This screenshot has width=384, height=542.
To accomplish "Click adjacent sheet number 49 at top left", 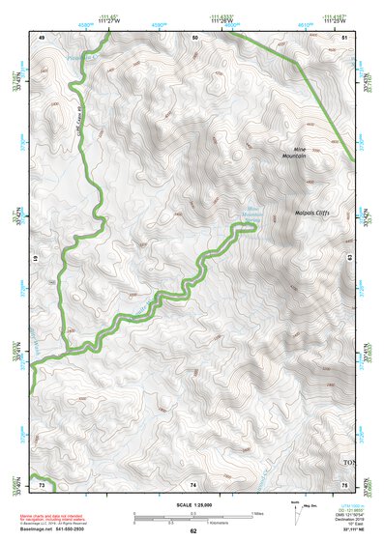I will coord(42,37).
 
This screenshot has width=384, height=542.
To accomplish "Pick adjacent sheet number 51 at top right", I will coord(346,37).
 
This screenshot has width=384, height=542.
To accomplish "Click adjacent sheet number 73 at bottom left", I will coord(42,482).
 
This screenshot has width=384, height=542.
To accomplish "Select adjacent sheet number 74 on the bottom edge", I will coord(194,482).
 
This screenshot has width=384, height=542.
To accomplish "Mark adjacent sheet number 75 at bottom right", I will coord(346,482).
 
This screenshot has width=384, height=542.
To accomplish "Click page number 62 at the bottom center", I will coord(193,531).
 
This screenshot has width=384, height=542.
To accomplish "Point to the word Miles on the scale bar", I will coord(258,513).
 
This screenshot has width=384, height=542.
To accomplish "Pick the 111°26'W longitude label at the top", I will coord(225,20).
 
